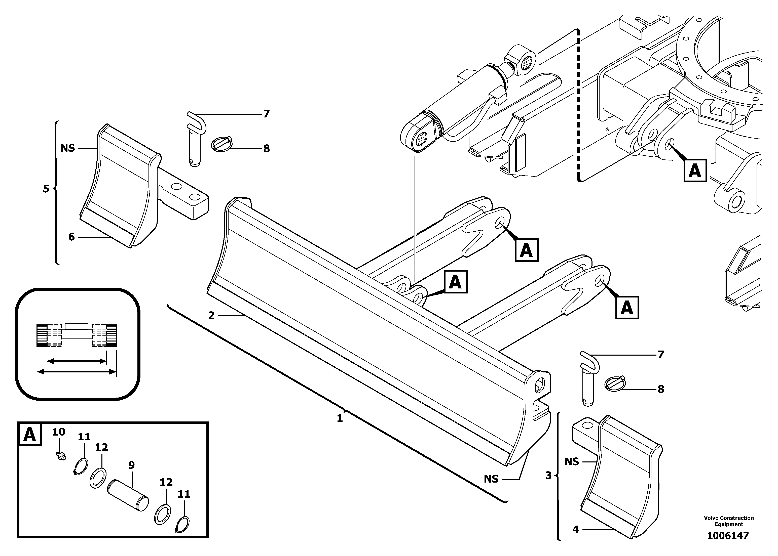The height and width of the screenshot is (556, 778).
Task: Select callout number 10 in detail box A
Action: [x=59, y=432]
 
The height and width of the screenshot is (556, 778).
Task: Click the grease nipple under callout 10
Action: [x=61, y=455]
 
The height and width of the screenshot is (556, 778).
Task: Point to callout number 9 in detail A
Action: [x=132, y=465]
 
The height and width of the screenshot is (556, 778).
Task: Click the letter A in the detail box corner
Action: [x=29, y=435]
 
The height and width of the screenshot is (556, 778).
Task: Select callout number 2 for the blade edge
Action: [x=211, y=316]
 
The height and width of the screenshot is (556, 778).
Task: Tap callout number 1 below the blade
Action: [x=340, y=418]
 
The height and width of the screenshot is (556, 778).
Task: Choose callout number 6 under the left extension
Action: [x=71, y=237]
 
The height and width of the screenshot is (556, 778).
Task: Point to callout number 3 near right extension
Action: [x=548, y=476]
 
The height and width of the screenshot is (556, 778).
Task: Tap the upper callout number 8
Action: [x=266, y=149]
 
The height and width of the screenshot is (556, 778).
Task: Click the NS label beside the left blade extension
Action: [x=67, y=148]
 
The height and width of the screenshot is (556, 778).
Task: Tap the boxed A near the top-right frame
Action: [x=695, y=170]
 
